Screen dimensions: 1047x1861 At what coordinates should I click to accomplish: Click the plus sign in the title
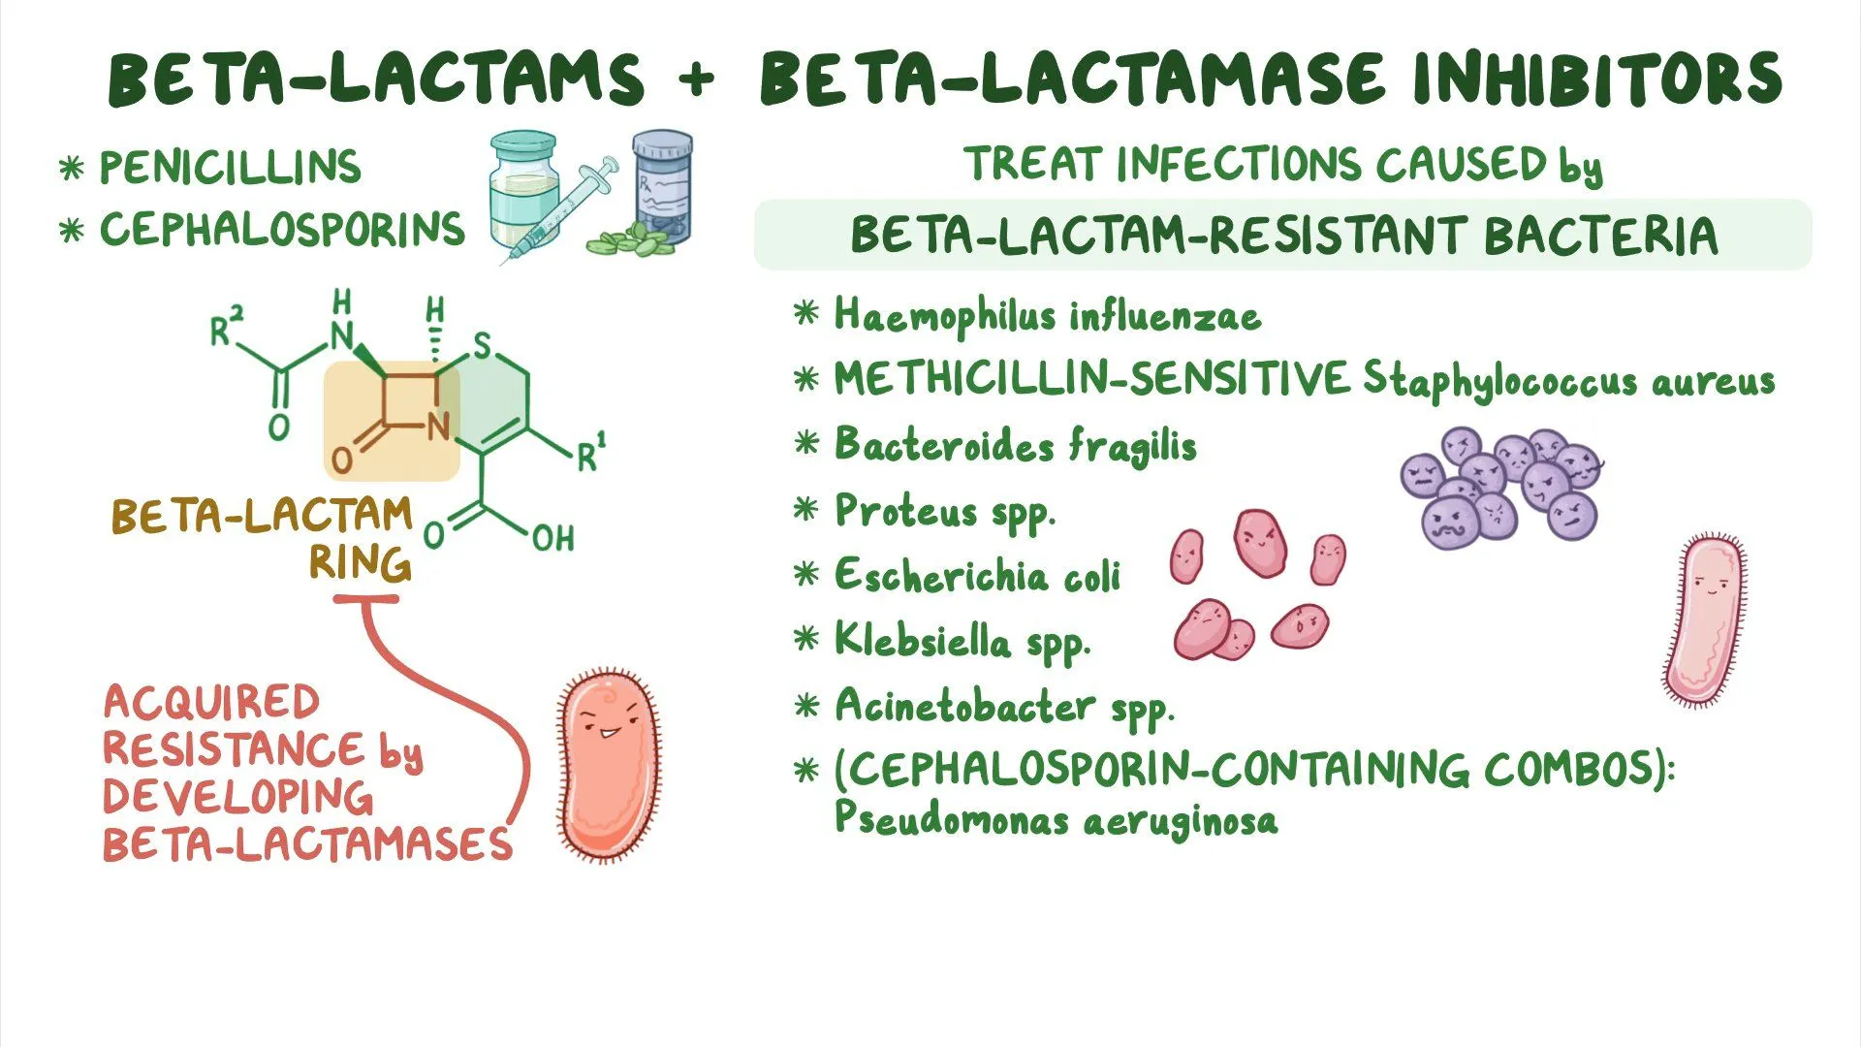(696, 79)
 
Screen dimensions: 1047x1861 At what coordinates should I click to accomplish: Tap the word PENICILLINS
(230, 168)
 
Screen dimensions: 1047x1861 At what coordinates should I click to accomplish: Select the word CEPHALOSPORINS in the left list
(282, 230)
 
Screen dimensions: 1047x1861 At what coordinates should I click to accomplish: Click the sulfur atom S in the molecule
(482, 345)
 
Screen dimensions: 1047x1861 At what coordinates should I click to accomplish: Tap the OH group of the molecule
(552, 538)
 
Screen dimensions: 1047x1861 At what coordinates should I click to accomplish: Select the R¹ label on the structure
(590, 454)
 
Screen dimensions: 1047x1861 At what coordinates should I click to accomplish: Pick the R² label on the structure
(226, 327)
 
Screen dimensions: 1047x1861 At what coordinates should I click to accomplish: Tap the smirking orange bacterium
(608, 766)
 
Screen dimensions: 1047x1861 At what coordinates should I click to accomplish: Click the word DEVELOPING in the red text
(237, 797)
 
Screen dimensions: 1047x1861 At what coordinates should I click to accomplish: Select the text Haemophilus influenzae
(1047, 316)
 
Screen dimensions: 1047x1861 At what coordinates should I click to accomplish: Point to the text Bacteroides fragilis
(1015, 446)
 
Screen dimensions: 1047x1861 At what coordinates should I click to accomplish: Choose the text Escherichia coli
(977, 576)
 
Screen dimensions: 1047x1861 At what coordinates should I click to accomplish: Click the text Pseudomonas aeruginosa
(1056, 820)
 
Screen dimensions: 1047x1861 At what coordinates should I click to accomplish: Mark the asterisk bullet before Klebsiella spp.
(806, 639)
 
